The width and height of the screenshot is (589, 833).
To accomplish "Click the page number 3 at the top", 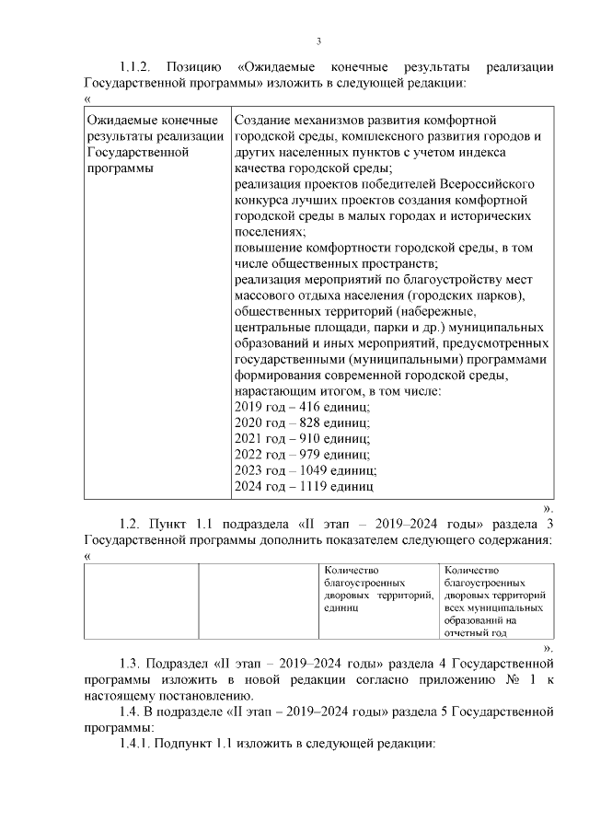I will (x=318, y=40).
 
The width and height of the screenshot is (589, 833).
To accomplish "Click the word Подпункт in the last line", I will (x=186, y=743).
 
